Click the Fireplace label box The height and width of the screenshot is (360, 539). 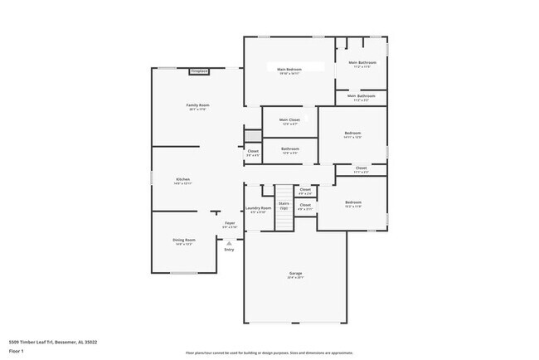199,71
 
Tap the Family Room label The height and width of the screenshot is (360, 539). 197,107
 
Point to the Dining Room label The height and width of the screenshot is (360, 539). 183,241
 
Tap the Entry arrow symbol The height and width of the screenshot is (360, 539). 229,242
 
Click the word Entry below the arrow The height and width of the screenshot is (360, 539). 229,250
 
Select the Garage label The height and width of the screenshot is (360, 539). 294,275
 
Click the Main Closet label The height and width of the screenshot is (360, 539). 289,121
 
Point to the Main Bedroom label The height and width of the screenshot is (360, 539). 289,71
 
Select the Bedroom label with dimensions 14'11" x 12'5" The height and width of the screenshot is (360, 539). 352,135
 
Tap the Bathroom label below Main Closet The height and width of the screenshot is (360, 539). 290,151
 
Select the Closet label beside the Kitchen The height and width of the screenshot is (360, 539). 253,153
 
